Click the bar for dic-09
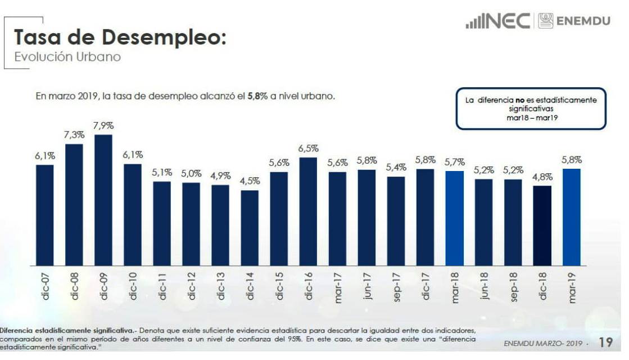tap(103, 200)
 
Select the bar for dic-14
tap(250, 228)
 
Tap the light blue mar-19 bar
tap(571, 217)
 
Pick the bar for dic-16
tap(308, 211)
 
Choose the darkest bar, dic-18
tap(542, 225)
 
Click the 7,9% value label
tap(103, 125)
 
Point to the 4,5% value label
tap(250, 181)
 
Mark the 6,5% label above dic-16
tap(308, 148)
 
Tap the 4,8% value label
tap(542, 177)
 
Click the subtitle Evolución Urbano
tap(67, 57)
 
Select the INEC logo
tap(499, 21)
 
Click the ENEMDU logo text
tap(583, 21)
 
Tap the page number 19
tap(605, 342)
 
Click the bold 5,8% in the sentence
tap(258, 96)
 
